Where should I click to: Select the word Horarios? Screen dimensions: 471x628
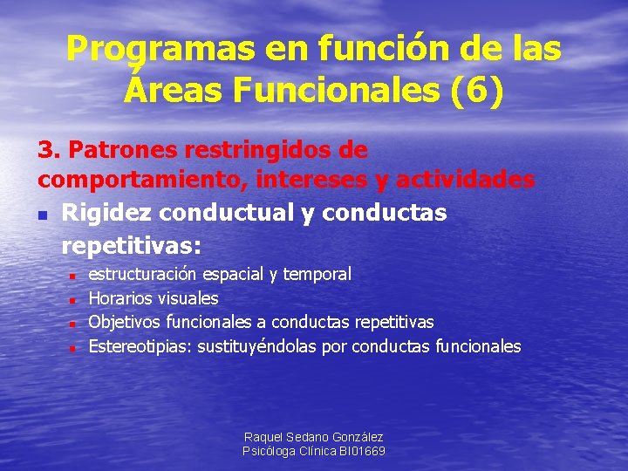[121, 298]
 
